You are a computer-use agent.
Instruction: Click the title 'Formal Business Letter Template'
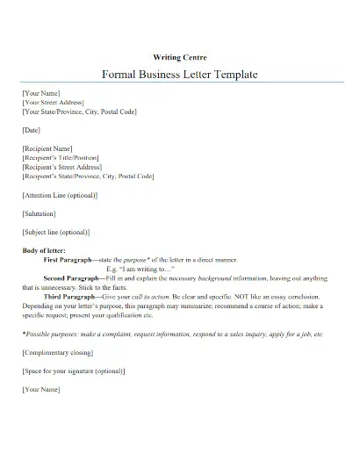tap(180, 75)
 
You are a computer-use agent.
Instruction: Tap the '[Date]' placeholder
tap(32, 130)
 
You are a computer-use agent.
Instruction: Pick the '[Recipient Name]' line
tap(47, 148)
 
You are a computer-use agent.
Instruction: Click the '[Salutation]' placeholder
tap(39, 213)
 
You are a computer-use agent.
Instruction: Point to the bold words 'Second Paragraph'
tap(74, 278)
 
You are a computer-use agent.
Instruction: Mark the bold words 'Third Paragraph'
tap(70, 297)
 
